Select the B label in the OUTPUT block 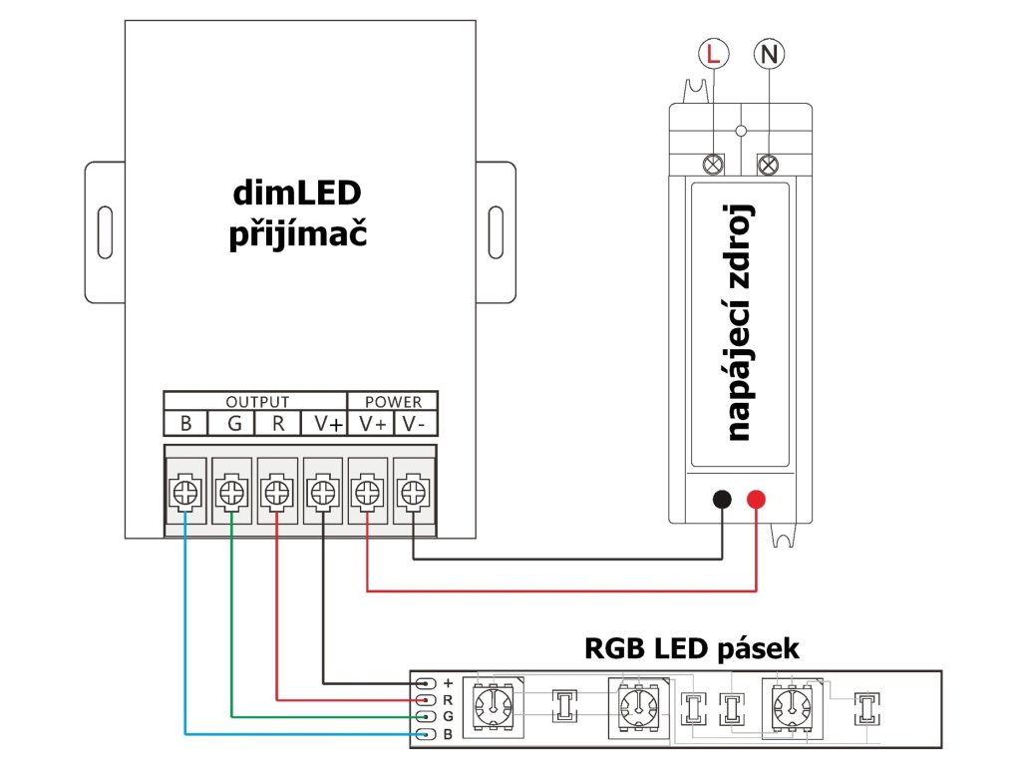pyautogui.click(x=186, y=424)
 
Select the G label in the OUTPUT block pyautogui.click(x=233, y=424)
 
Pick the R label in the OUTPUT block pyautogui.click(x=278, y=424)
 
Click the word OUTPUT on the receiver pyautogui.click(x=256, y=402)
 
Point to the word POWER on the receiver pyautogui.click(x=392, y=402)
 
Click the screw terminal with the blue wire pyautogui.click(x=185, y=492)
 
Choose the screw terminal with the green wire pyautogui.click(x=231, y=492)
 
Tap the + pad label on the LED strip pyautogui.click(x=448, y=682)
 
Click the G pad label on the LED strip pyautogui.click(x=448, y=717)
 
